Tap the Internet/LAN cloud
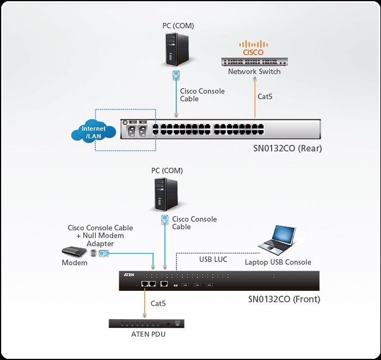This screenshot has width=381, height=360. (x=94, y=132)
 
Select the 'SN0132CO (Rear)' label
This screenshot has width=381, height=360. (x=284, y=148)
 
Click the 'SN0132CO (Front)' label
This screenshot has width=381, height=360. (x=284, y=299)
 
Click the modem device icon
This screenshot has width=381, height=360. (x=75, y=252)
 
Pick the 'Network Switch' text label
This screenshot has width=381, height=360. (x=254, y=71)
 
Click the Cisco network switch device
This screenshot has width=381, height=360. (x=254, y=62)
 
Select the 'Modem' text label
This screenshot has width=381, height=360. (x=75, y=263)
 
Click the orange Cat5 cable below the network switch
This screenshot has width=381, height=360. (x=255, y=98)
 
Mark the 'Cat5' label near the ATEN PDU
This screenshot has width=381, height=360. (x=158, y=303)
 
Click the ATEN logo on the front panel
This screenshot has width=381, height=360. (x=129, y=276)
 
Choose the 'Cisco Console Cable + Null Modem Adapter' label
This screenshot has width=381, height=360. (x=100, y=236)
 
